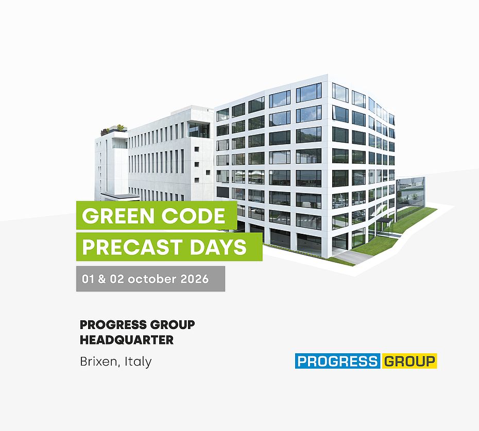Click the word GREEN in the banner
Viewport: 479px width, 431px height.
pos(118,216)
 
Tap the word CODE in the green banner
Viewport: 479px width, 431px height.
pos(193,216)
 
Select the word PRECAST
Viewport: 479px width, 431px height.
pos(132,247)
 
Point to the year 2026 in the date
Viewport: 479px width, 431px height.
pos(195,279)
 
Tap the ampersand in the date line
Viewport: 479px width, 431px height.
pos(102,279)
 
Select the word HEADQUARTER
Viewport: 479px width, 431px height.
pos(127,340)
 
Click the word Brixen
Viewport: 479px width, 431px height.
pos(98,361)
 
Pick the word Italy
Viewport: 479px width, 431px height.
pos(138,362)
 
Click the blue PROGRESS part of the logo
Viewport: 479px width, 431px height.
pos(337,361)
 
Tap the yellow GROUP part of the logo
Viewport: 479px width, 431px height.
pos(409,361)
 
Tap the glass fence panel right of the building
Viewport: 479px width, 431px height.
pos(410,193)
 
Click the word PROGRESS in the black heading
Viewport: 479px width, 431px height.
pos(114,324)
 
